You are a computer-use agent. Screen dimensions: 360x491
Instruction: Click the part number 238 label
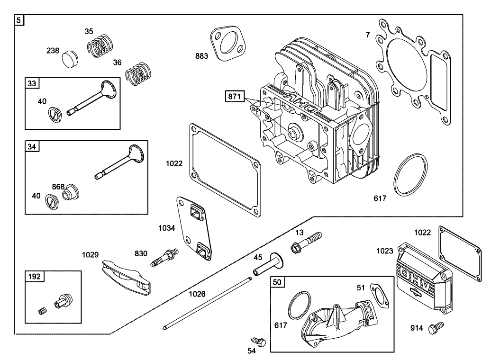[x=52, y=51]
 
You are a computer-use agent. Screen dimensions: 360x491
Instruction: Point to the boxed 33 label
[x=32, y=84]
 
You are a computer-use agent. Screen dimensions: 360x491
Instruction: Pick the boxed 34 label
[x=32, y=147]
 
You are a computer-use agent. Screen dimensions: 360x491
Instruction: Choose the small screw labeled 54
[x=258, y=341]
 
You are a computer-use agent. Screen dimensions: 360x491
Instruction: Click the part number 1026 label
[x=197, y=294]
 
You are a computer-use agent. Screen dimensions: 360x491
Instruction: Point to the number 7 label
[x=368, y=35]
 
